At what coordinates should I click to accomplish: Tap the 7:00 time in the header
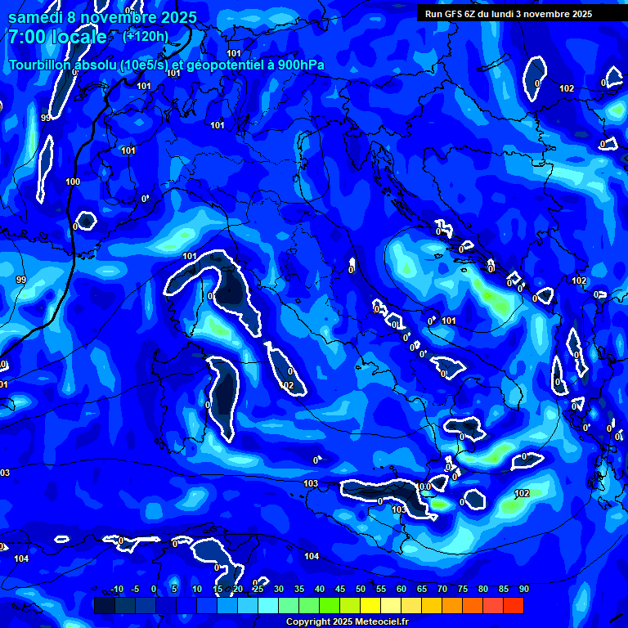[27, 37]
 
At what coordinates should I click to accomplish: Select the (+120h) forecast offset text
[146, 36]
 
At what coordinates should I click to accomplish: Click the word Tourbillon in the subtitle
[41, 65]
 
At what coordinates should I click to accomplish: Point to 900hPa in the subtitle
[295, 65]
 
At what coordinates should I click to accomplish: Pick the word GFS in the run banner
[460, 14]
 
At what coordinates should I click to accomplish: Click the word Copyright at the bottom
[308, 621]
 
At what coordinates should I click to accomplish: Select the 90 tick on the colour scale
[524, 589]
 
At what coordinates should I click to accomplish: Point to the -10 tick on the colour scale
[116, 589]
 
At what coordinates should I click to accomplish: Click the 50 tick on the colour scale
[361, 589]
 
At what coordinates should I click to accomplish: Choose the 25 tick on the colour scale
[258, 589]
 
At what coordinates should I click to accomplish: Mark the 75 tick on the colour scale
[463, 589]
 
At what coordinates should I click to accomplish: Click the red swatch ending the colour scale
[514, 605]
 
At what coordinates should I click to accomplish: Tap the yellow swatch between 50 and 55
[370, 605]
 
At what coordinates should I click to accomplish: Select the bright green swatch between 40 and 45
[330, 605]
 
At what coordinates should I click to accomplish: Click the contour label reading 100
[73, 182]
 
